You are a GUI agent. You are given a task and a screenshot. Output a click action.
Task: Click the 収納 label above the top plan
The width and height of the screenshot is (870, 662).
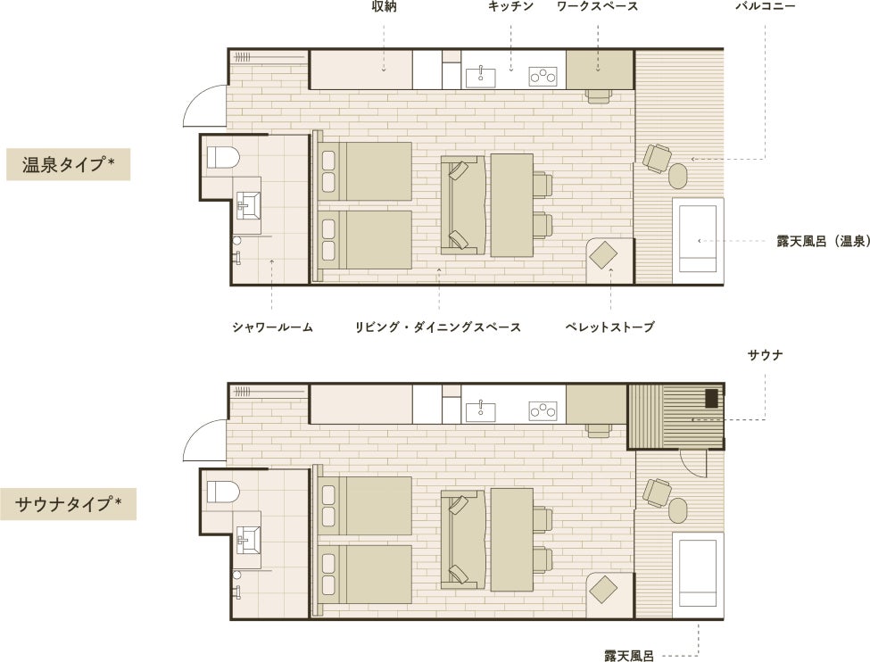pyautogui.click(x=384, y=7)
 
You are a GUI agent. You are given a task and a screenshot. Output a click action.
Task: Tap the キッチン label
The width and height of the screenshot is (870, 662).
pyautogui.click(x=510, y=6)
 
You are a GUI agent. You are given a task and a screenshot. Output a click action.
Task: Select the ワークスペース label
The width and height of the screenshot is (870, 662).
pyautogui.click(x=597, y=6)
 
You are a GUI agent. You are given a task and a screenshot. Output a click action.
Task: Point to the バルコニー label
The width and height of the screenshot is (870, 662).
pyautogui.click(x=765, y=6)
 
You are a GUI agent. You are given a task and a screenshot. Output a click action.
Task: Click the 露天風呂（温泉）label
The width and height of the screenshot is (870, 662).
pyautogui.click(x=823, y=242)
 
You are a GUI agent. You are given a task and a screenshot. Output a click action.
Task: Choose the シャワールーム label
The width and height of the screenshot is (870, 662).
pyautogui.click(x=272, y=327)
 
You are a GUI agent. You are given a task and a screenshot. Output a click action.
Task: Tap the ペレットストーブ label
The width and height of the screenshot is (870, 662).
pyautogui.click(x=609, y=327)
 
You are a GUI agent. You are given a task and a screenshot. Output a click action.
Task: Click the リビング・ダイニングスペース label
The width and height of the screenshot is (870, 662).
pyautogui.click(x=438, y=327)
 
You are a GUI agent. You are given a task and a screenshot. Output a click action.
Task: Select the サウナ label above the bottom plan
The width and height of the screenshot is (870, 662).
pyautogui.click(x=765, y=355)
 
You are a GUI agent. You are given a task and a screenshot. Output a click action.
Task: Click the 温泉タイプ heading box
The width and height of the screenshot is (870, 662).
pyautogui.click(x=68, y=164)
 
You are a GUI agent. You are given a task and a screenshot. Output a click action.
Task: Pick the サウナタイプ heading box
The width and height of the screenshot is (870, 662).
pyautogui.click(x=68, y=504)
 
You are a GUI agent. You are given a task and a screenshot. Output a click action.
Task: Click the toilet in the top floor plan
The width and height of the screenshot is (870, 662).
pyautogui.click(x=223, y=157)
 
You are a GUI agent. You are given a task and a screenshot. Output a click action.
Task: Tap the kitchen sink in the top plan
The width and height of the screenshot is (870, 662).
pyautogui.click(x=480, y=77)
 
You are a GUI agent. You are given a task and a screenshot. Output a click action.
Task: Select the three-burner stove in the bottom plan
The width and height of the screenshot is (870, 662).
pyautogui.click(x=543, y=410)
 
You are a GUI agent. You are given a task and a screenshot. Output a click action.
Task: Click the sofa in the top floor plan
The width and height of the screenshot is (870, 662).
pyautogui.click(x=463, y=205)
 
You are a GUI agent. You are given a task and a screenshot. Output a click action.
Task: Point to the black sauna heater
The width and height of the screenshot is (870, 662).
pyautogui.click(x=711, y=399)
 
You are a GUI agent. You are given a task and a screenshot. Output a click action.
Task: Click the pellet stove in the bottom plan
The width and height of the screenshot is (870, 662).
pyautogui.click(x=603, y=590)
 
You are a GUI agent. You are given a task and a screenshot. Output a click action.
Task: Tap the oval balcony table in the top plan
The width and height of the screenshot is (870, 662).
pyautogui.click(x=677, y=176)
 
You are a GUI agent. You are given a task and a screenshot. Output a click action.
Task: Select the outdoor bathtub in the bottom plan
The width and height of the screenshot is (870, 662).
pyautogui.click(x=698, y=575)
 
